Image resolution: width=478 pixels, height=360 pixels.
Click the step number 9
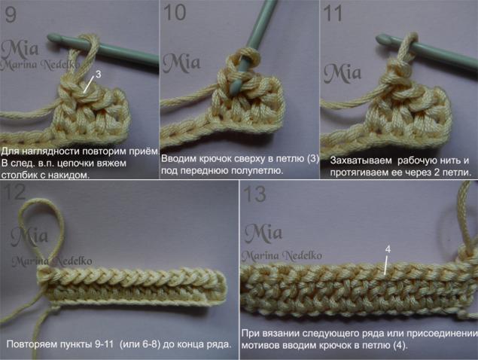tap(11, 14)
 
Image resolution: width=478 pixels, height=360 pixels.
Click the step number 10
tap(175, 12)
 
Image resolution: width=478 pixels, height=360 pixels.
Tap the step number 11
tap(333, 13)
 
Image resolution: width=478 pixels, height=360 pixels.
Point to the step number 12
tap(15, 192)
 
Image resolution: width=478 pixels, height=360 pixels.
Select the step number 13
tap(255, 194)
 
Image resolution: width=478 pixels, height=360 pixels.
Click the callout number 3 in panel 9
tap(98, 74)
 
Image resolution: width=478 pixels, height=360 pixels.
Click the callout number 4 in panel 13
tap(388, 249)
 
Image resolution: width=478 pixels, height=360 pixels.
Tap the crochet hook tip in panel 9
tap(50, 38)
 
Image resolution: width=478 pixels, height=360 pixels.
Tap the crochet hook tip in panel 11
tap(379, 38)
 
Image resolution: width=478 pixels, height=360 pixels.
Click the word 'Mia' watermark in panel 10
tap(181, 63)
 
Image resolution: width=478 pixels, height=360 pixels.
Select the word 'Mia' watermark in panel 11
tap(343, 72)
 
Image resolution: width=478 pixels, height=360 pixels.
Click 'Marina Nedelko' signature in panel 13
tap(282, 255)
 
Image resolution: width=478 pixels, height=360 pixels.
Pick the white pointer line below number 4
tap(386, 265)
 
